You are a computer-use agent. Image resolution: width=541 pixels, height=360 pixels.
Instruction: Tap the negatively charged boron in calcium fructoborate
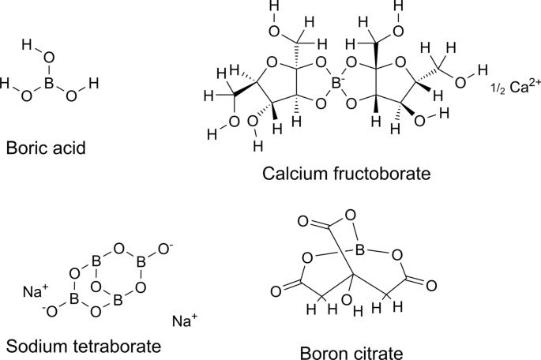337,81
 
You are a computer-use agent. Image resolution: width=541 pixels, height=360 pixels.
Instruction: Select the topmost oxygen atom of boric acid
50,57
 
